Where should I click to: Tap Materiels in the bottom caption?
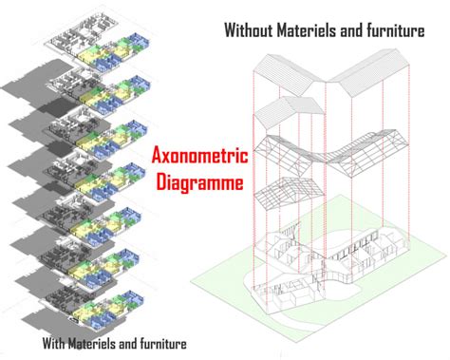tap(98, 342)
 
